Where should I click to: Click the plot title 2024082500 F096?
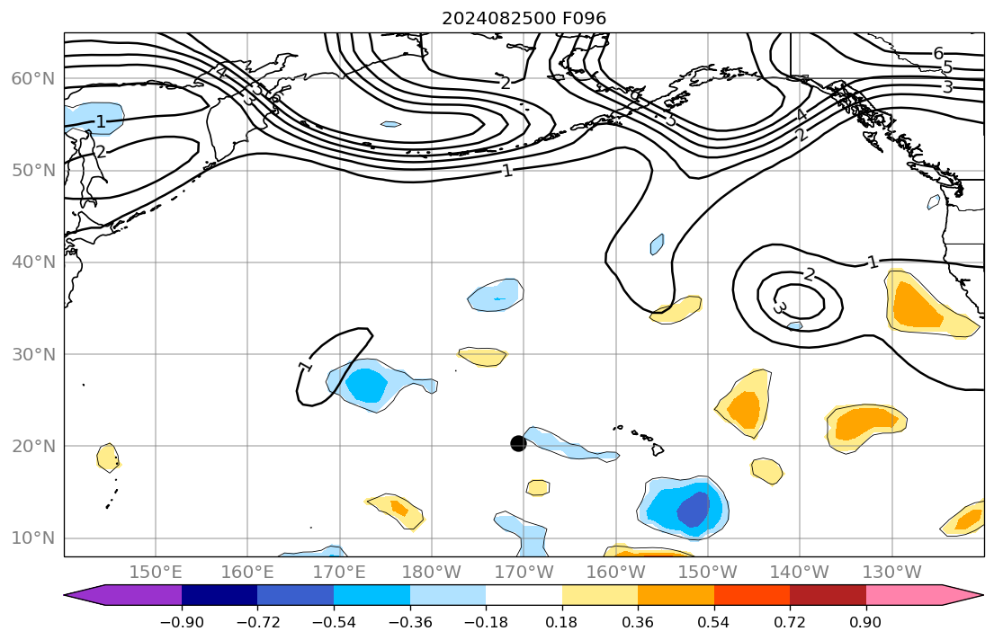point(511,19)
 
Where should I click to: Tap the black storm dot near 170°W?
point(518,443)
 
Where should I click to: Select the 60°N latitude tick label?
point(33,79)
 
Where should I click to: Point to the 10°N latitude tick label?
point(33,538)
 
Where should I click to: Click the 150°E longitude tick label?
point(156,572)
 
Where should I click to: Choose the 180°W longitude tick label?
point(433,572)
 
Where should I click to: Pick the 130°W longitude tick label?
point(892,572)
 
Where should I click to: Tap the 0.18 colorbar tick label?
point(561,622)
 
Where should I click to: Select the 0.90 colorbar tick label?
point(865,622)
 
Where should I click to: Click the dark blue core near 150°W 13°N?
point(693,511)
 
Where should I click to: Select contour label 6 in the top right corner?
point(938,53)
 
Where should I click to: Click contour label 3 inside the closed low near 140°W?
point(779,308)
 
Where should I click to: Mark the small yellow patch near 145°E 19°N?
point(108,457)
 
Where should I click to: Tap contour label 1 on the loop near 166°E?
point(304,367)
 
